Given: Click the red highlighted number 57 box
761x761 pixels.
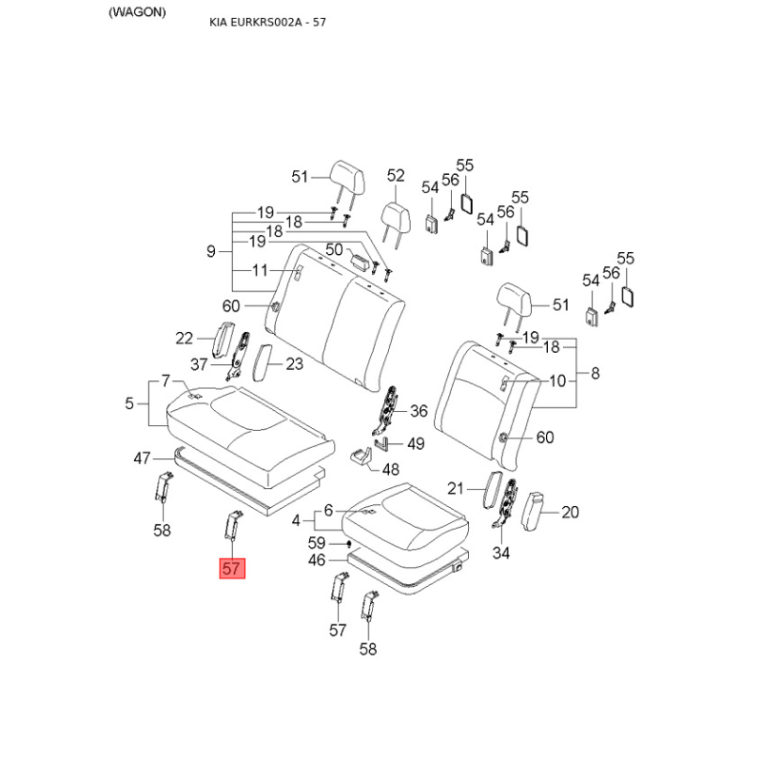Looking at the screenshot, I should pos(233,569).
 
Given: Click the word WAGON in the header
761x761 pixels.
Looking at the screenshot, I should pos(137,12).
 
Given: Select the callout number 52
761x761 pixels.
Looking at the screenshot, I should pos(396,176).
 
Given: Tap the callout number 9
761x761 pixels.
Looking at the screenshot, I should pos(211,251).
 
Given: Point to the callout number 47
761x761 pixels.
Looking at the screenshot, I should pos(142,459).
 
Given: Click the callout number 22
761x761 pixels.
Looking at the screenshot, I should pos(185,338).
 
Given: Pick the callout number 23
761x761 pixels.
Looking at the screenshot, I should pos(294,363).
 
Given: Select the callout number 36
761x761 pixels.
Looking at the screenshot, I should pos(419,411).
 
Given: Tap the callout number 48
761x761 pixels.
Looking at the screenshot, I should pos(391,468).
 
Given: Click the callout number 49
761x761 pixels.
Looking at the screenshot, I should pos(416,443).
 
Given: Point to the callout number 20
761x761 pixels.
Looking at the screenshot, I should pos(570,512).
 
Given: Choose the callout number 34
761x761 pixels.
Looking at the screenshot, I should pos(501,554).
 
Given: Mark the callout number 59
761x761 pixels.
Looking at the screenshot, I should pos(318,543).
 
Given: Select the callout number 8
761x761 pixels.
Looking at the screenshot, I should pos(595,373).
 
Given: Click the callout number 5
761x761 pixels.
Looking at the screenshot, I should pos(129,403).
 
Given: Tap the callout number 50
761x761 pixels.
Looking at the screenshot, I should pos(334,249).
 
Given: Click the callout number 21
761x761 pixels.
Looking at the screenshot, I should pos(456,488).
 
